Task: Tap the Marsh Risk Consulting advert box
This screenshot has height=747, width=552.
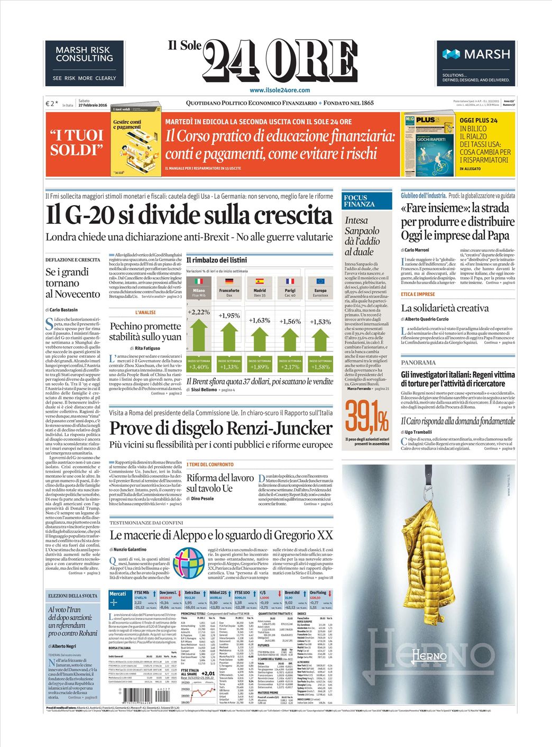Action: pyautogui.click(x=84, y=63)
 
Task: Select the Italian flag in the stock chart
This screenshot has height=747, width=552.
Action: pyautogui.click(x=199, y=282)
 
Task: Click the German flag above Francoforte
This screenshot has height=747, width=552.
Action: pyautogui.click(x=229, y=282)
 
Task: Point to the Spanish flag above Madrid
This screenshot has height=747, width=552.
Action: pyautogui.click(x=260, y=282)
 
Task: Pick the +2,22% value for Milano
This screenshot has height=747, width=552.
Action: pyautogui.click(x=199, y=312)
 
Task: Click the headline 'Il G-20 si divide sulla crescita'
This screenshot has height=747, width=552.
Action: pyautogui.click(x=189, y=215)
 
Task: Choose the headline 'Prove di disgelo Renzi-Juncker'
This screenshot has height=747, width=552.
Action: pyautogui.click(x=220, y=427)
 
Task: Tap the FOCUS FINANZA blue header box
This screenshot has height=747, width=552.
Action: pyautogui.click(x=366, y=201)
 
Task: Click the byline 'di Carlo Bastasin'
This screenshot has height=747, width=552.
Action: pyautogui.click(x=61, y=309)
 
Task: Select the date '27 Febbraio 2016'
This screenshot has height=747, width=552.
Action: pyautogui.click(x=93, y=105)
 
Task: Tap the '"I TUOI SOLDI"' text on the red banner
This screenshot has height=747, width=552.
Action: pyautogui.click(x=76, y=143)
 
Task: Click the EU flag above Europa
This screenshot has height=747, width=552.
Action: pyautogui.click(x=320, y=282)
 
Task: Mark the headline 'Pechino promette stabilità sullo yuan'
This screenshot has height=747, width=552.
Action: pyautogui.click(x=145, y=331)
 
